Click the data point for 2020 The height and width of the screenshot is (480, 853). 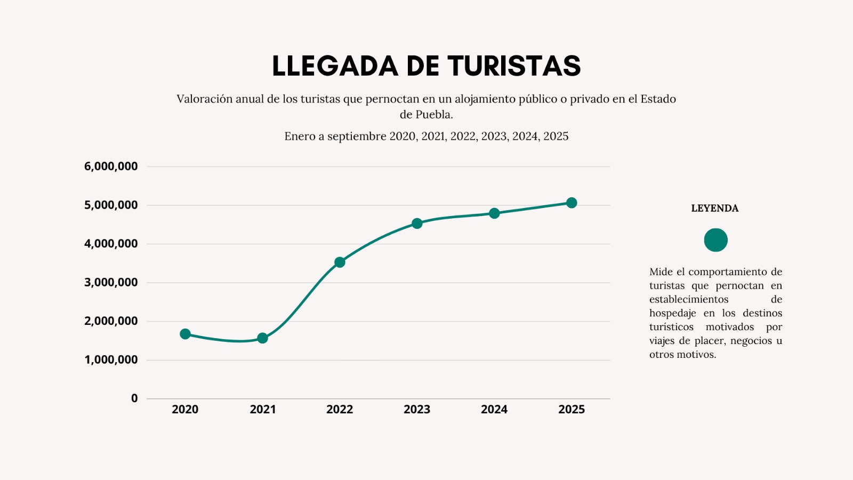click(185, 334)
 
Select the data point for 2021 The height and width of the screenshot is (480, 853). click(262, 338)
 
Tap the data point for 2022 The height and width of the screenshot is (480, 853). click(340, 262)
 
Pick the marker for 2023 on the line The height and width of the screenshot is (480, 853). click(417, 223)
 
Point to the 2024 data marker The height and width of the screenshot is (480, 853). click(494, 213)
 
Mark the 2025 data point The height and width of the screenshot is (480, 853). click(572, 203)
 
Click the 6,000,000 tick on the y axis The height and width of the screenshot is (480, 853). click(111, 166)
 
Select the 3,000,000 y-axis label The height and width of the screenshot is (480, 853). click(111, 283)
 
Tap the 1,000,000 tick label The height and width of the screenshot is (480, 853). click(111, 360)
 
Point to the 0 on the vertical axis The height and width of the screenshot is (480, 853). click(134, 398)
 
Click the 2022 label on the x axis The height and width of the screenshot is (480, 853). click(340, 410)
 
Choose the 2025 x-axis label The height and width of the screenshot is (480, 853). click(572, 410)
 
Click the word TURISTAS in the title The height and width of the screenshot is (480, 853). click(514, 66)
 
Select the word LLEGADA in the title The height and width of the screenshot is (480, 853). click(335, 66)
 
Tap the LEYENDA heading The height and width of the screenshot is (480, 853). click(715, 209)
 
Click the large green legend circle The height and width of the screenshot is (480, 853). click(715, 240)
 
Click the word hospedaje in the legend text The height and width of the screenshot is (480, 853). click(672, 314)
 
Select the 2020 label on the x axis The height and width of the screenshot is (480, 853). click(185, 410)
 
